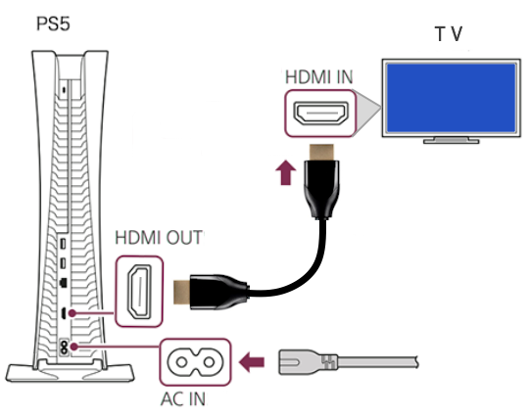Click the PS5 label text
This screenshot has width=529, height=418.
53,23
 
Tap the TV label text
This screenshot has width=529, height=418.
449,34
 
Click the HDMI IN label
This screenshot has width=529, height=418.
318,77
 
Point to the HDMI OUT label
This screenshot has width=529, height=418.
159,238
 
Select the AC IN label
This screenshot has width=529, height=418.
183,399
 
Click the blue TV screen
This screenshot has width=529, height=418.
451,98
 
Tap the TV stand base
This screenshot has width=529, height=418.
451,140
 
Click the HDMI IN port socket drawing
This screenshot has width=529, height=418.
321,114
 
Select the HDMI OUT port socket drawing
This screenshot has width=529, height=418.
139,292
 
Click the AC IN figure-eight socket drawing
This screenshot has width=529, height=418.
195,362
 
